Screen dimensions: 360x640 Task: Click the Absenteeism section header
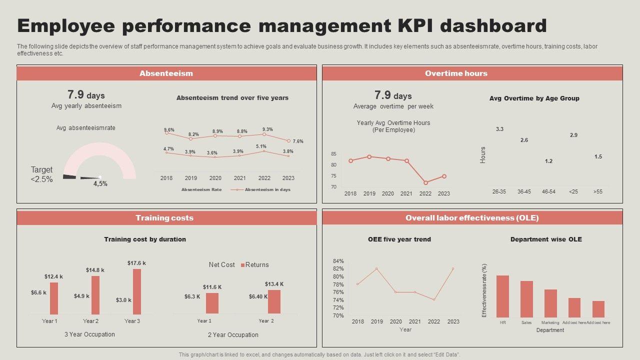(x=166, y=73)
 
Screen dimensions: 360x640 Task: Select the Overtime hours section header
(x=456, y=73)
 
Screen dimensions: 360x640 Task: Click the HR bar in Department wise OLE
(x=502, y=296)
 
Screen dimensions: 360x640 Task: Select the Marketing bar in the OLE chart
(x=550, y=303)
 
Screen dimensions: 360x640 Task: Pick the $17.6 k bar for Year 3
(x=137, y=291)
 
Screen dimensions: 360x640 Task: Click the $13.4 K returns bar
(x=274, y=301)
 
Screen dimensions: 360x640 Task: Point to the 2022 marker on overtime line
(x=425, y=182)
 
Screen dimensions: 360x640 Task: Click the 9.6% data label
(x=169, y=130)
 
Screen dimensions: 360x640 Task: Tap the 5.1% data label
(x=261, y=146)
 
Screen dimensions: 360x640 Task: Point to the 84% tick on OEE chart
(x=338, y=261)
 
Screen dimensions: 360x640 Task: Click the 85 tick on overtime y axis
(x=333, y=154)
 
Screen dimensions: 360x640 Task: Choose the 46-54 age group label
(x=548, y=191)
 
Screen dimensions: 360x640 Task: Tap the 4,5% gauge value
(x=100, y=183)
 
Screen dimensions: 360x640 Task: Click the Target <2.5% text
(x=41, y=174)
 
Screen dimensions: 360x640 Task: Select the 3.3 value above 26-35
(x=499, y=129)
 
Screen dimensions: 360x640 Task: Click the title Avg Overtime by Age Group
(x=534, y=98)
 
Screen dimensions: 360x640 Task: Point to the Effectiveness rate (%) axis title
(x=484, y=290)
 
